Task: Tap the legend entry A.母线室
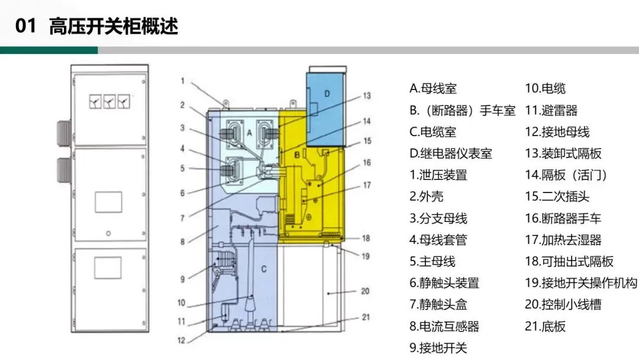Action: pyautogui.click(x=433, y=89)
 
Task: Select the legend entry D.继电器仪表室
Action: pyautogui.click(x=450, y=153)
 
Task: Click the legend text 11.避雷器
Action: pyautogui.click(x=551, y=110)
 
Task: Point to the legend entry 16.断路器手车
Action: pyautogui.click(x=563, y=218)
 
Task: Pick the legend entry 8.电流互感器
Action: pyautogui.click(x=444, y=326)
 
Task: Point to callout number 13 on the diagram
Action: pyautogui.click(x=366, y=95)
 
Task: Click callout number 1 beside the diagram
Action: pyautogui.click(x=183, y=81)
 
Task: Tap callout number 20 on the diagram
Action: pyautogui.click(x=366, y=290)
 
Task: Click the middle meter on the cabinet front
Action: pyautogui.click(x=109, y=102)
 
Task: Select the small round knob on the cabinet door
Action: pyautogui.click(x=108, y=233)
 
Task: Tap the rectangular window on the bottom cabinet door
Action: pyautogui.click(x=108, y=268)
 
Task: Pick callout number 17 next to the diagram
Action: pyautogui.click(x=366, y=185)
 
